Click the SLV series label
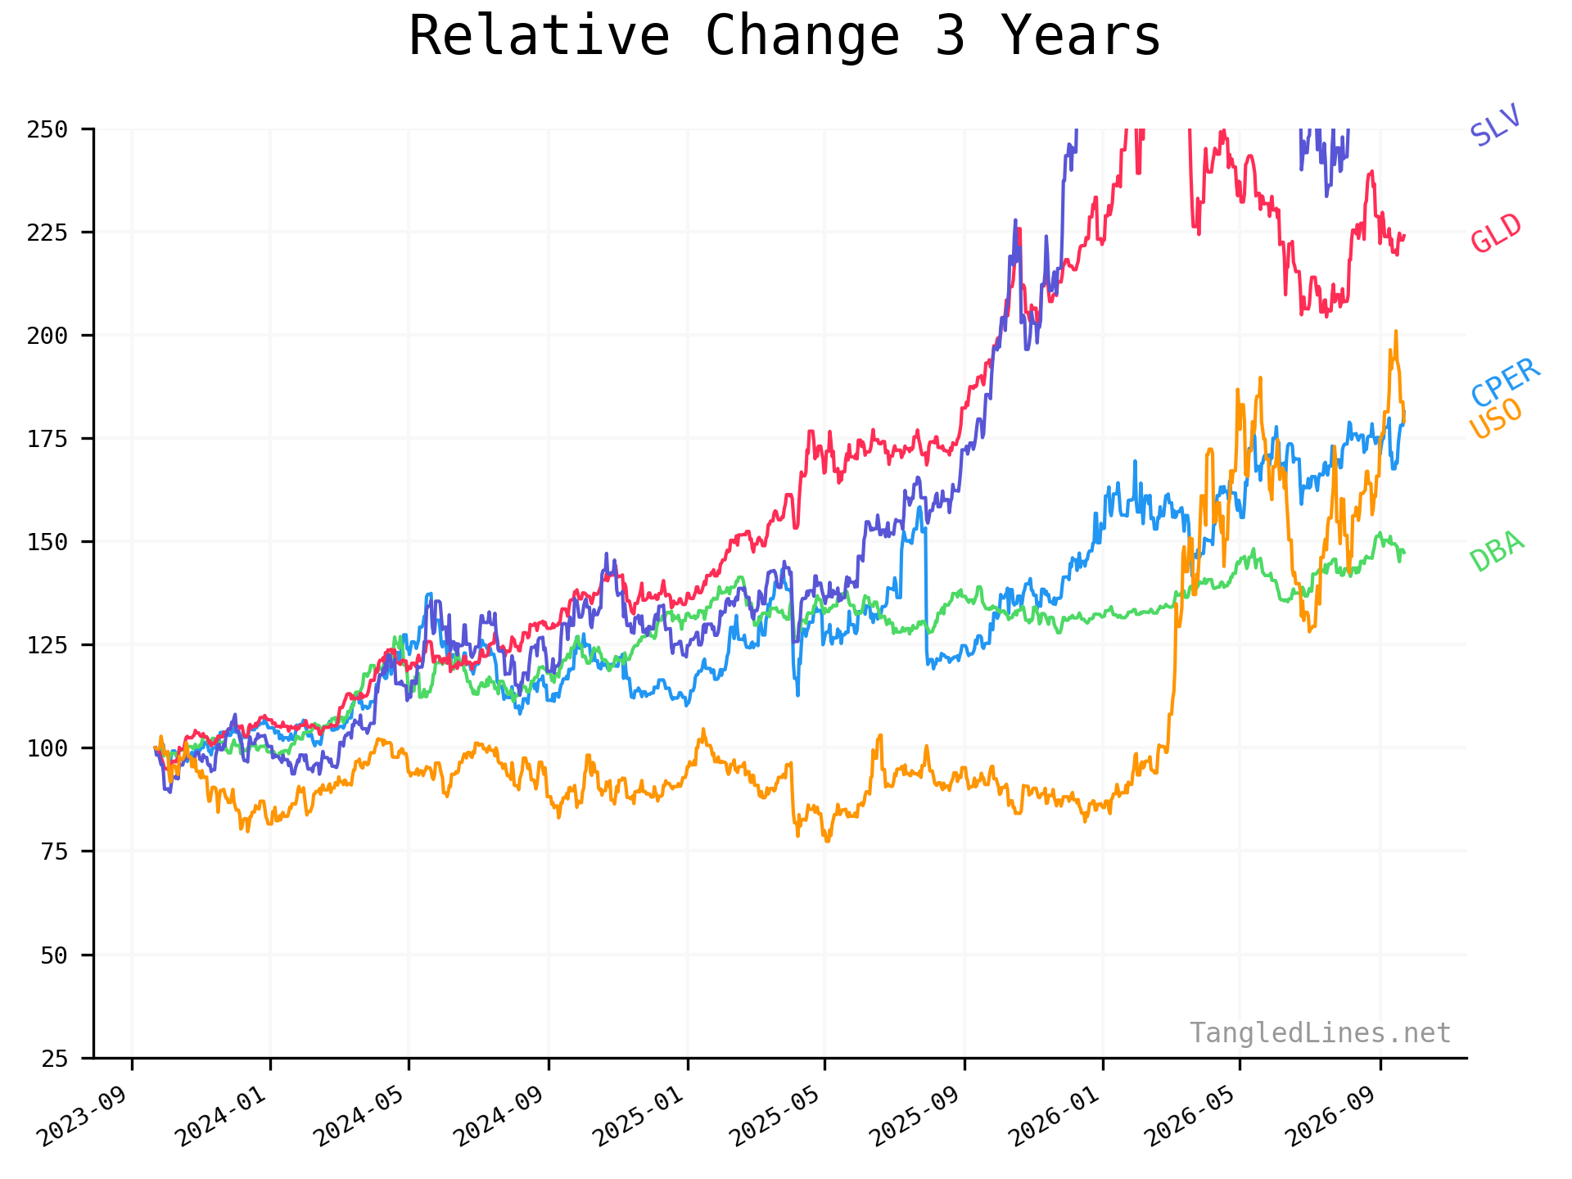[x=1495, y=125]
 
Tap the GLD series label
[x=1496, y=233]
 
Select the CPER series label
[x=1506, y=383]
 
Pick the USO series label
[x=1496, y=419]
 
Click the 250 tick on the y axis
[x=47, y=129]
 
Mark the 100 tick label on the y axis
[x=47, y=748]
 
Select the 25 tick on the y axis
[x=54, y=1058]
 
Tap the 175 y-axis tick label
[x=47, y=439]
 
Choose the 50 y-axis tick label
[x=54, y=955]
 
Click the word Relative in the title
[x=540, y=37]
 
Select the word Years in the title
[x=1081, y=37]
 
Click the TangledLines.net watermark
[x=1321, y=1033]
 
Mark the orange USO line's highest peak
[x=1396, y=331]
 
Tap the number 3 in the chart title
[x=950, y=37]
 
